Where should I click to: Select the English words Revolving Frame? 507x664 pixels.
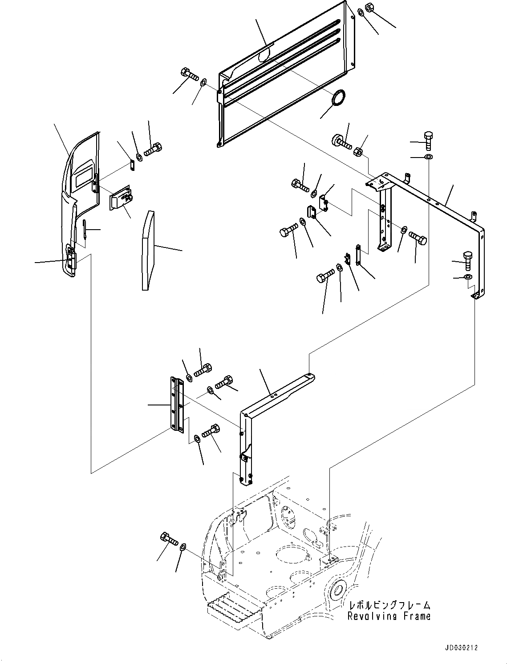(x=389, y=616)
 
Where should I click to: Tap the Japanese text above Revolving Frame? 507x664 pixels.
(x=389, y=605)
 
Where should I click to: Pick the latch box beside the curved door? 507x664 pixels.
(x=121, y=198)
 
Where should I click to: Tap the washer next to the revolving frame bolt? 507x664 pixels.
(x=182, y=547)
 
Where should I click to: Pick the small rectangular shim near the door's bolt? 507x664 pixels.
(x=132, y=164)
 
